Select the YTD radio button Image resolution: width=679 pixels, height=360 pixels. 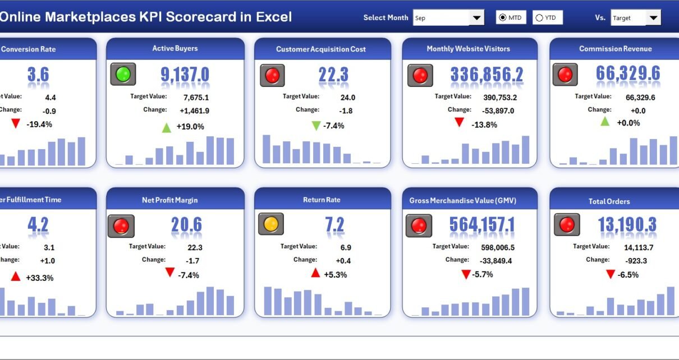(x=539, y=18)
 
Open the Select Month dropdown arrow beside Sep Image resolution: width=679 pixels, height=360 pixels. (x=476, y=18)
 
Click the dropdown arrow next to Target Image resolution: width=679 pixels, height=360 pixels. (x=653, y=18)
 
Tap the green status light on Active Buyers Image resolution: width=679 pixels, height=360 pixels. (x=123, y=74)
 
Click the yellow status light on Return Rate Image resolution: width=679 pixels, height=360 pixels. (x=270, y=224)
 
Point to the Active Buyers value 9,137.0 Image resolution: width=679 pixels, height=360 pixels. (x=185, y=75)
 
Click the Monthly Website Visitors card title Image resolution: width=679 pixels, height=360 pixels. (x=468, y=49)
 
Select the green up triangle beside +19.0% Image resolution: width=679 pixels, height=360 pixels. (x=167, y=127)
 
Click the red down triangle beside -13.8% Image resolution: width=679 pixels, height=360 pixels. (x=459, y=122)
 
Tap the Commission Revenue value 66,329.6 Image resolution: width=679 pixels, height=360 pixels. (x=628, y=73)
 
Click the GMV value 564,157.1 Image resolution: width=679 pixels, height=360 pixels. (x=482, y=225)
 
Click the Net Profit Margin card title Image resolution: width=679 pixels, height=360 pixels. (x=169, y=200)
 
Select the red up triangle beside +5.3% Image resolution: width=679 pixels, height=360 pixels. (x=315, y=273)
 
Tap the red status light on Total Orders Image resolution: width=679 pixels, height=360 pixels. (x=566, y=224)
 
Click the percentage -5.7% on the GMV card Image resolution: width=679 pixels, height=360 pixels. (x=483, y=275)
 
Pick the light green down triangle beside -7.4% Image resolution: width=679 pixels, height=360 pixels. (x=316, y=126)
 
